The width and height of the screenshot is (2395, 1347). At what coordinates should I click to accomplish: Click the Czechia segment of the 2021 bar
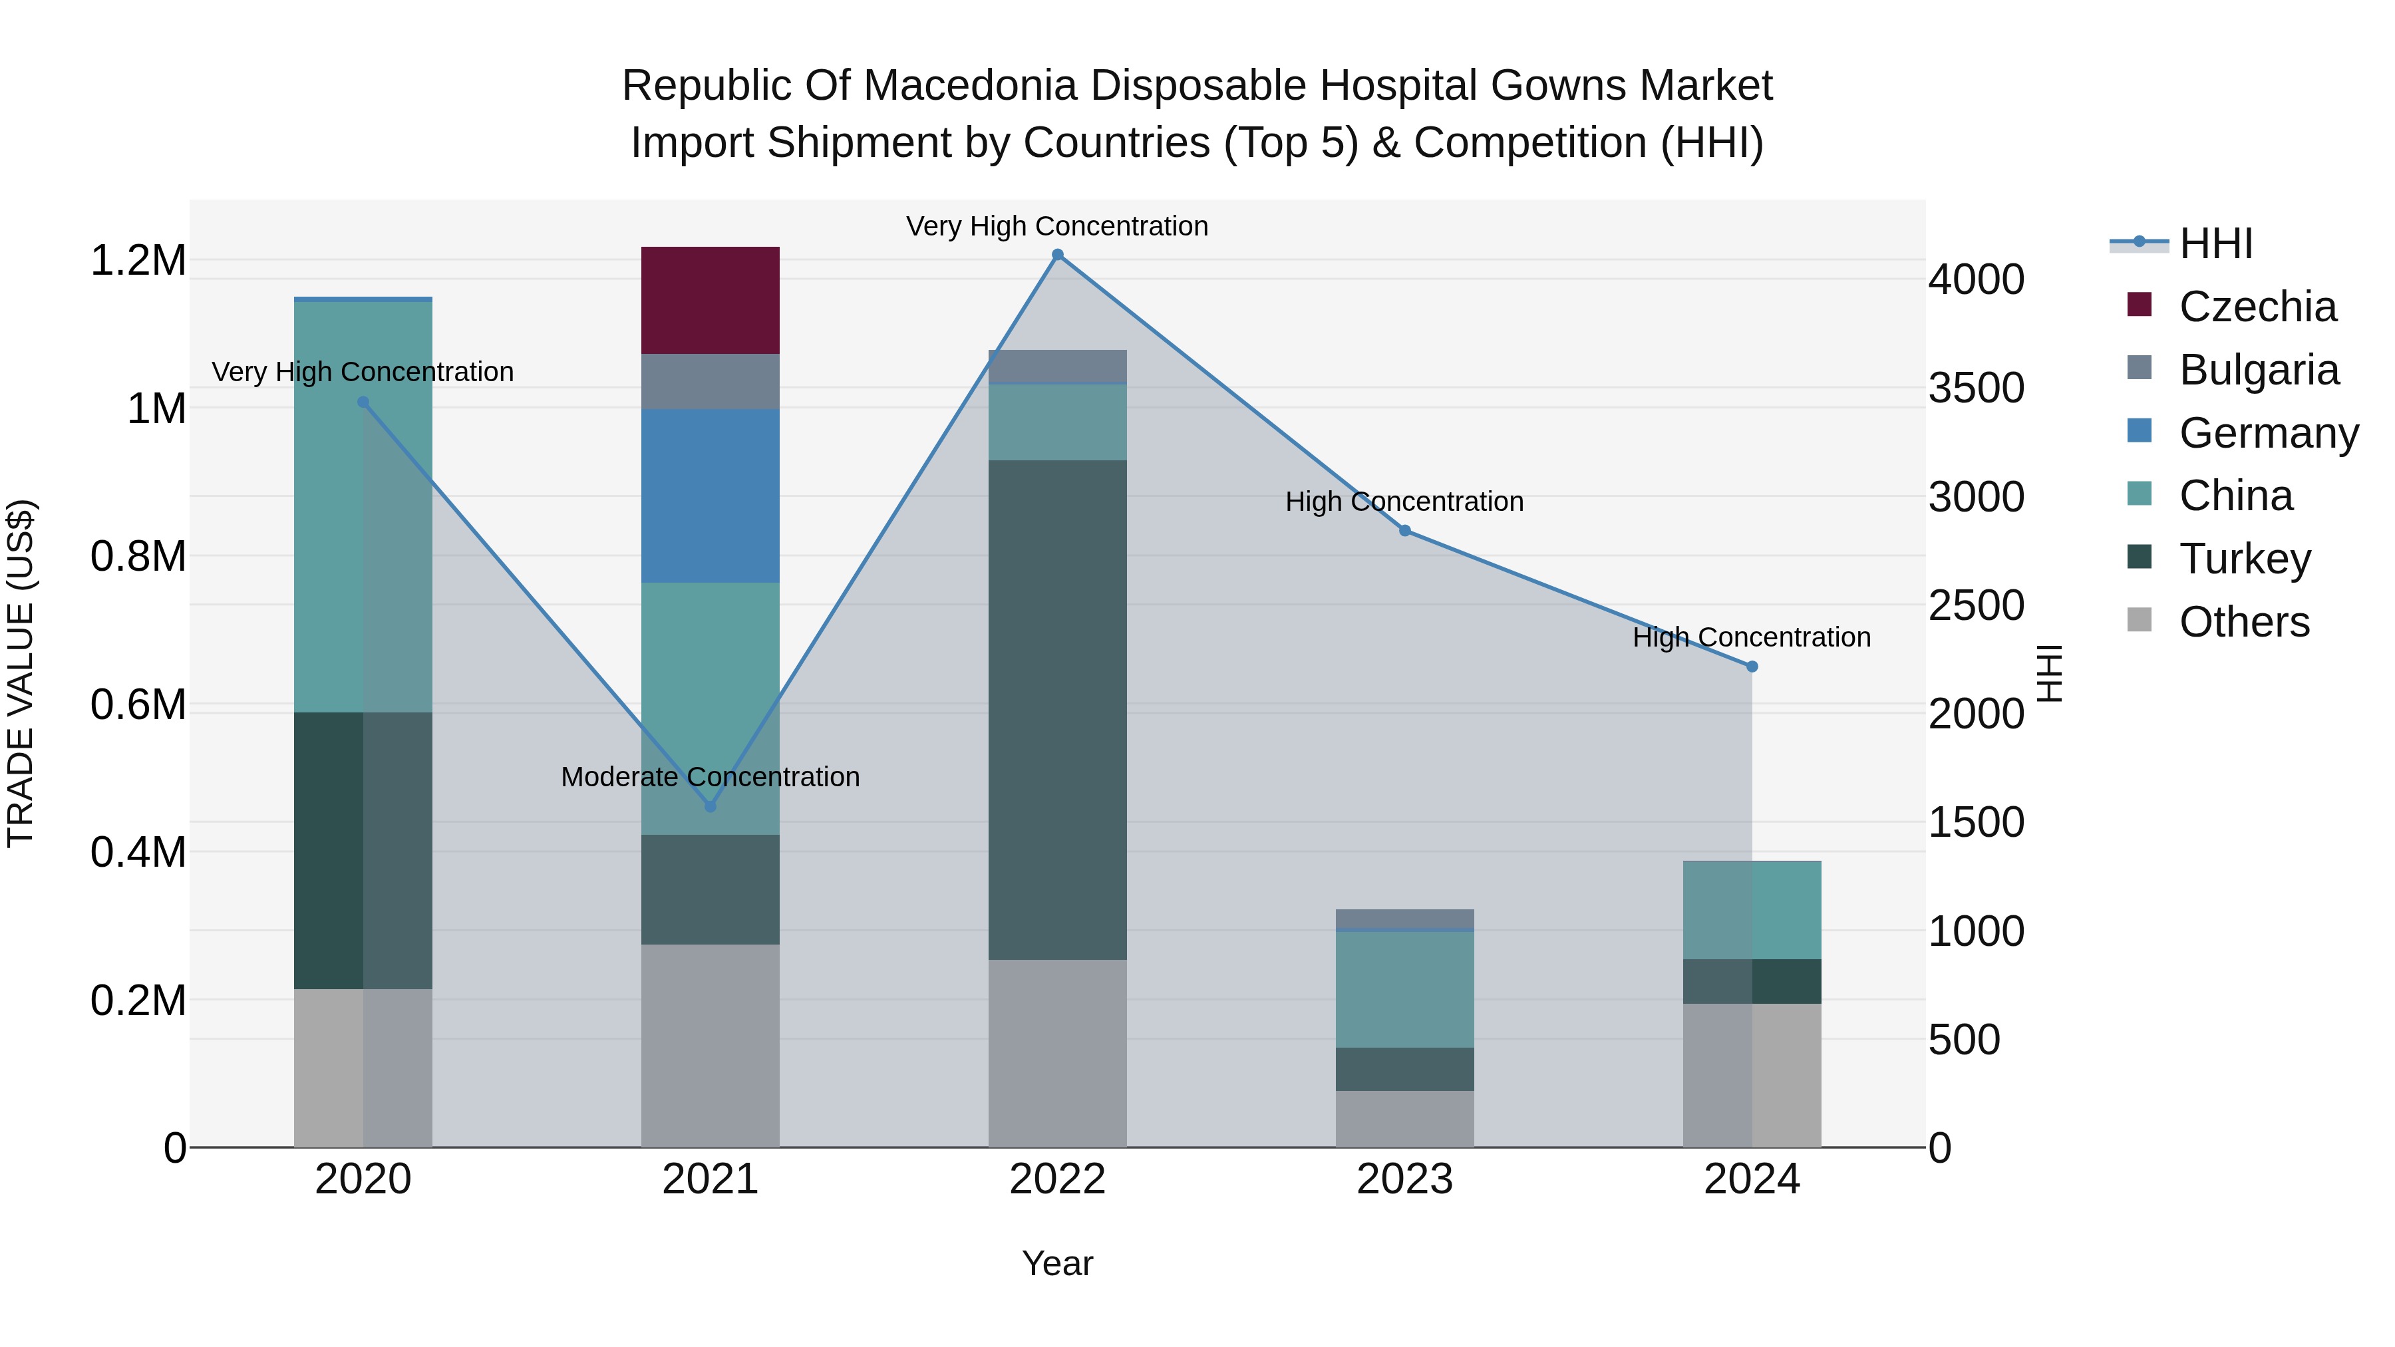tap(711, 299)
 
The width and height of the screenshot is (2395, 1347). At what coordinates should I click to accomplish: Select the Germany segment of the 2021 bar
tap(711, 496)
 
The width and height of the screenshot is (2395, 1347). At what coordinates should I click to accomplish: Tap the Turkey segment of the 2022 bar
tap(1057, 709)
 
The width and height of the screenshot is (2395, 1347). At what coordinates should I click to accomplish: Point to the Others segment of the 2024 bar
tap(1752, 1075)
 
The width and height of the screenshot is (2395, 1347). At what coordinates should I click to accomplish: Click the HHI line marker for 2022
tap(1057, 255)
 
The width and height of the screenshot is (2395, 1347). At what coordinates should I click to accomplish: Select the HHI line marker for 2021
tap(711, 806)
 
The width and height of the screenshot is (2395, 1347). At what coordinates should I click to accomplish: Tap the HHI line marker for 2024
tap(1752, 667)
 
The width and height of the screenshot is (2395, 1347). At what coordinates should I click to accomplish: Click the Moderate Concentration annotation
tap(711, 776)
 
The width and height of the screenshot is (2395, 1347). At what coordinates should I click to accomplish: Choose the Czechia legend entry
tap(2257, 307)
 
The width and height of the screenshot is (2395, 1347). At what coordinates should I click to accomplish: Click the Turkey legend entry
tap(2245, 559)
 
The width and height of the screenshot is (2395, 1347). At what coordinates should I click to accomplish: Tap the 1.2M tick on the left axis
tap(138, 260)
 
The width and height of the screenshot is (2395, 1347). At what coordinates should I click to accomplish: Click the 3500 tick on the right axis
tap(1976, 388)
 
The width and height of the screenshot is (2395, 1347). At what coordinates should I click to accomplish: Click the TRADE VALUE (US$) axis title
tap(21, 673)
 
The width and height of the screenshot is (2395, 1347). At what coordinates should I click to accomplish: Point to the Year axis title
tap(1057, 1263)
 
